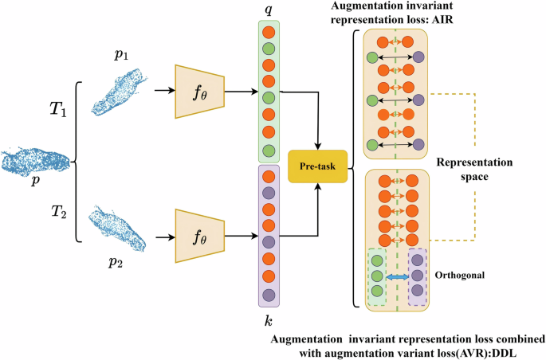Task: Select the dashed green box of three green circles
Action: pyautogui.click(x=375, y=276)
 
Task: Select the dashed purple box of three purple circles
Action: pyautogui.click(x=418, y=276)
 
